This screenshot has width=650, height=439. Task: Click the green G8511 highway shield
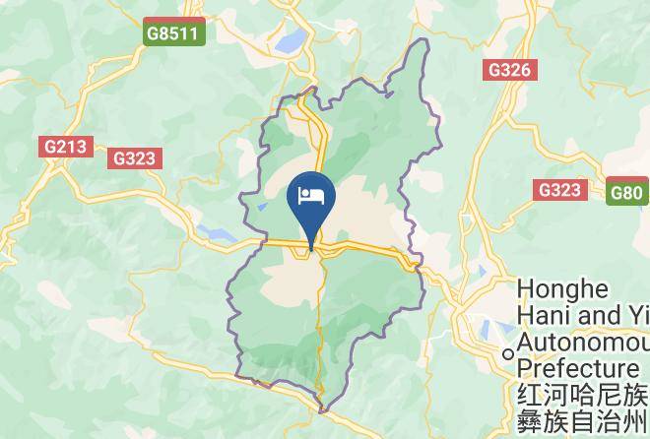[172, 33]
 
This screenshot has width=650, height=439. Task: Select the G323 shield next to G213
[136, 157]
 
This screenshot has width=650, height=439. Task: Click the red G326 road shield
[510, 70]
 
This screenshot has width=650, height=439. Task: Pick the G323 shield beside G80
[559, 189]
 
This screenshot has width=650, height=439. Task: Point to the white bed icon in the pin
[311, 192]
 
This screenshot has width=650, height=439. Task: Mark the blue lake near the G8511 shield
[292, 40]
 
